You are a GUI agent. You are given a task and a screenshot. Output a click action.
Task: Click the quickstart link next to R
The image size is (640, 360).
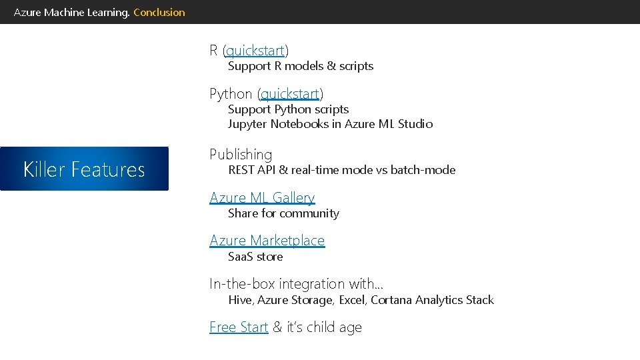click(256, 51)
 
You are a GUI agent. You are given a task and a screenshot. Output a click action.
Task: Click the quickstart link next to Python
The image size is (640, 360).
click(290, 94)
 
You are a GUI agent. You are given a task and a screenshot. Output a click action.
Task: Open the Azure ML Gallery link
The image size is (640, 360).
click(262, 198)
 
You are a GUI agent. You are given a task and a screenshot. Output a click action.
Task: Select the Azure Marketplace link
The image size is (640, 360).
click(267, 241)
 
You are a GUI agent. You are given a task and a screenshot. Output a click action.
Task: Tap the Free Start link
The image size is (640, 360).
click(239, 327)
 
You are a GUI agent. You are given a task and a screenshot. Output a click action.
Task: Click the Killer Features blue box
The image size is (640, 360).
click(84, 169)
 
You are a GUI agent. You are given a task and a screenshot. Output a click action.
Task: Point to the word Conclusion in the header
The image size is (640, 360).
click(159, 12)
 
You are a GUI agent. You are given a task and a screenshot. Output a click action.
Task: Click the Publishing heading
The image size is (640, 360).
click(241, 155)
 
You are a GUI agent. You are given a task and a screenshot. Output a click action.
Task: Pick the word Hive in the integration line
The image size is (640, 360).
click(239, 300)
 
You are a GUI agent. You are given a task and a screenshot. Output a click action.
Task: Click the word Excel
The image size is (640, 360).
click(352, 300)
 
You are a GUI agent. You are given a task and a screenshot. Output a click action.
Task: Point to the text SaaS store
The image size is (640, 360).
click(255, 257)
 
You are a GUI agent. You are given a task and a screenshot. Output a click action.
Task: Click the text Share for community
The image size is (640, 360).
click(283, 213)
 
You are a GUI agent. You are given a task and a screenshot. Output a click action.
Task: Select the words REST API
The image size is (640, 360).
click(251, 170)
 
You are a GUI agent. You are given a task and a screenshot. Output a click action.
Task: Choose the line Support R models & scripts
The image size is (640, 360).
click(301, 66)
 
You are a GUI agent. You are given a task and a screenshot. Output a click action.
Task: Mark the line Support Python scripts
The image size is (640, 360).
click(288, 109)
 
